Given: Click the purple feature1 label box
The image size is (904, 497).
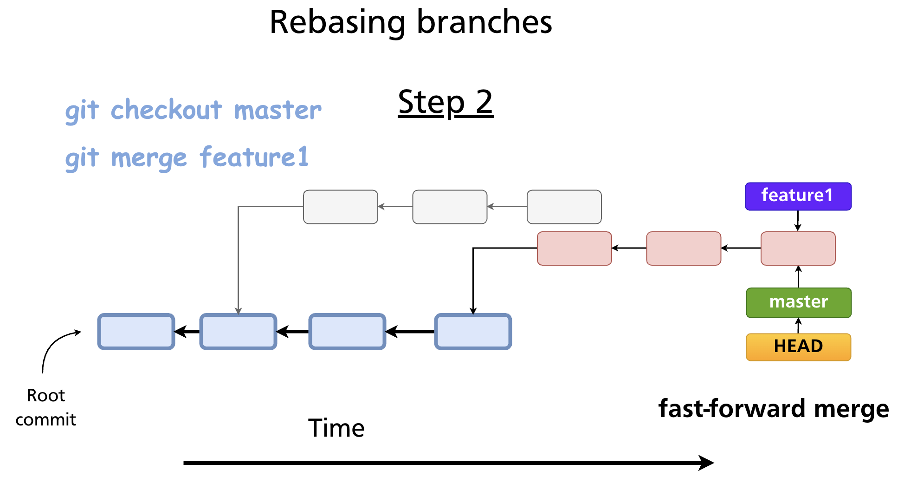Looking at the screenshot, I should click(x=798, y=196).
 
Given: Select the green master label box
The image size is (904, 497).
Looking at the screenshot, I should click(x=798, y=302).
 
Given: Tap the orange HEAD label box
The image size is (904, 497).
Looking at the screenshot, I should click(x=798, y=347).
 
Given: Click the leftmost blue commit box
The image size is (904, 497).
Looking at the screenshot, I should click(x=136, y=331).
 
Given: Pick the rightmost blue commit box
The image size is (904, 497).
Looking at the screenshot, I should click(x=473, y=331).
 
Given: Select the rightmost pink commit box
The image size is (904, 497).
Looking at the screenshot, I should click(x=798, y=248).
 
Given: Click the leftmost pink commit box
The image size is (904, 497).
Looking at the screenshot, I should click(x=574, y=248).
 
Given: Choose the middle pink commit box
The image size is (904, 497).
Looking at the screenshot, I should click(x=683, y=248).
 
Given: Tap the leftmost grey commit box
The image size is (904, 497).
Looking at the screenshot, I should click(x=340, y=207).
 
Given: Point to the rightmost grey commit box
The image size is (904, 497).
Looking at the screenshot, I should click(x=564, y=207).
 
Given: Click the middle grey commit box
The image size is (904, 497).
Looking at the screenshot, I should click(x=450, y=207).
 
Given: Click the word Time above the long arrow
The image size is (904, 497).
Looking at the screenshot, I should click(x=336, y=428).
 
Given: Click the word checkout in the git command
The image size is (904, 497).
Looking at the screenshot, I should click(x=166, y=110).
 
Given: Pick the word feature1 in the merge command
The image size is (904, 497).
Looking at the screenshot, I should click(x=254, y=157).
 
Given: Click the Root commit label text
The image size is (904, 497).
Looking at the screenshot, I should click(x=45, y=407).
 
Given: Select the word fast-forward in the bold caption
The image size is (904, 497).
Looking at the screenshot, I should click(x=731, y=409).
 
